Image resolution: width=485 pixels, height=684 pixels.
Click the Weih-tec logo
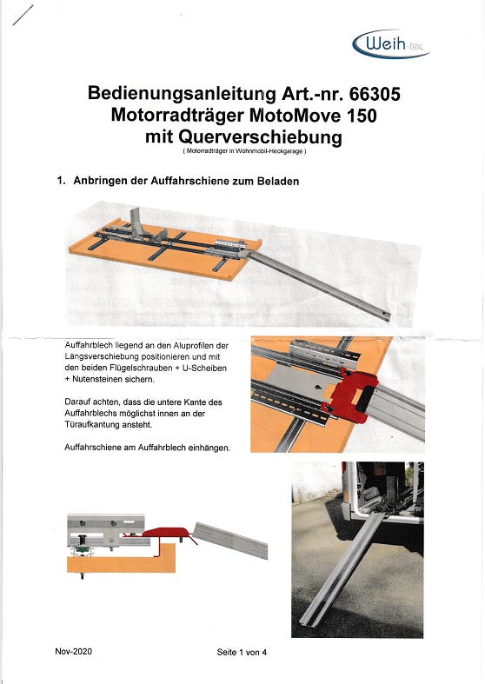[x=391, y=44]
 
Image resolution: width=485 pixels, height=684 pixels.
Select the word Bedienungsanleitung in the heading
[x=182, y=94]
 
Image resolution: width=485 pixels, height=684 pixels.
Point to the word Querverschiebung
[x=261, y=137]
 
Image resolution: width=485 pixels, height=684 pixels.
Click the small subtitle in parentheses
[x=244, y=152]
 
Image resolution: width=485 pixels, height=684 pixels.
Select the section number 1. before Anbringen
[x=61, y=181]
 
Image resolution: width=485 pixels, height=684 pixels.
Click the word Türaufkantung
[x=86, y=424]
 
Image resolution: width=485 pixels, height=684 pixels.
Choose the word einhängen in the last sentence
[x=209, y=448]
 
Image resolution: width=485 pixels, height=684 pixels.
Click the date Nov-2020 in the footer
[x=73, y=651]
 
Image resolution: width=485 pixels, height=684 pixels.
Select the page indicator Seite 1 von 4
[x=242, y=653]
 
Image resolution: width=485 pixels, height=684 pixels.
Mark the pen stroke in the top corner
[x=23, y=16]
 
